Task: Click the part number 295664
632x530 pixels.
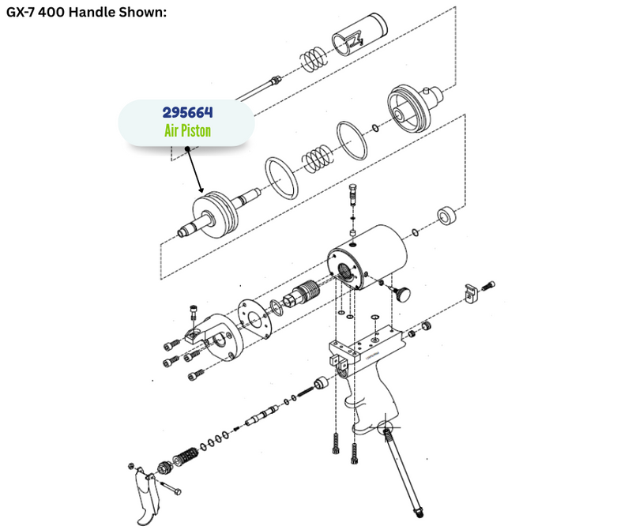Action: (x=187, y=112)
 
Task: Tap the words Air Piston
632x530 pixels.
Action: (x=187, y=130)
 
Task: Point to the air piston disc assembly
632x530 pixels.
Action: (x=218, y=214)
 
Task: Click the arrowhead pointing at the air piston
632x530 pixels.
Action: (x=201, y=190)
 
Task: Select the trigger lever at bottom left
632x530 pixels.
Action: (x=145, y=497)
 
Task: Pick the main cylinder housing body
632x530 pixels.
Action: (x=367, y=257)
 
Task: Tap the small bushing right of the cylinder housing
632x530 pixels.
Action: (x=446, y=216)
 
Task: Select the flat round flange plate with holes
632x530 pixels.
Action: (x=254, y=319)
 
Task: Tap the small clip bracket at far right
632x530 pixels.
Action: (x=471, y=293)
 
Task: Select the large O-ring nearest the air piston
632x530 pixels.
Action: (x=281, y=179)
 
